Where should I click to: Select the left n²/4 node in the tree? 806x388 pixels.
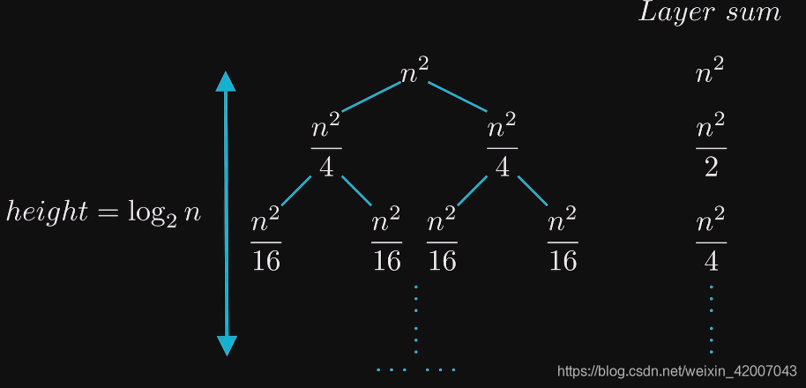(326, 147)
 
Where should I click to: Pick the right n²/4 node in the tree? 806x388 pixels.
(502, 147)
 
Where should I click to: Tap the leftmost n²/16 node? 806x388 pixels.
(266, 240)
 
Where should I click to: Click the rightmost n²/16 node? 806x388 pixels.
(563, 240)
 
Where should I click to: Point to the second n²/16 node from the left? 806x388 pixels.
(386, 240)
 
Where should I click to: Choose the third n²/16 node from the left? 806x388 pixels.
(443, 240)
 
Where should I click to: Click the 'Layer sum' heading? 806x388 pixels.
(709, 13)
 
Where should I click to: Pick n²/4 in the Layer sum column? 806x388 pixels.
(711, 240)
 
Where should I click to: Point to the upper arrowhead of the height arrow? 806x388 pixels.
(227, 82)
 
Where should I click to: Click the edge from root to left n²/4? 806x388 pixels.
(370, 97)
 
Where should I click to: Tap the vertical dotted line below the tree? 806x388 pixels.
(415, 317)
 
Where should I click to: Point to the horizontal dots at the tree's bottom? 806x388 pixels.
(415, 369)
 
